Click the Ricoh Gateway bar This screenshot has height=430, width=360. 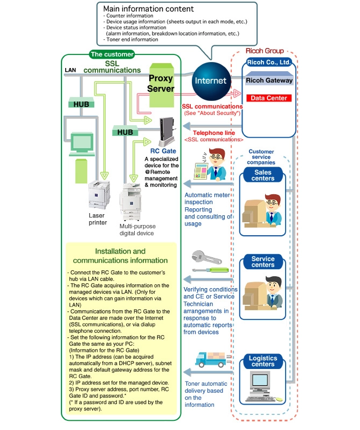(269, 80)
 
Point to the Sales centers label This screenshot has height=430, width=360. (263, 175)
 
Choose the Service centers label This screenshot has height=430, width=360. (263, 262)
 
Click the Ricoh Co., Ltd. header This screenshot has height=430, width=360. (269, 63)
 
